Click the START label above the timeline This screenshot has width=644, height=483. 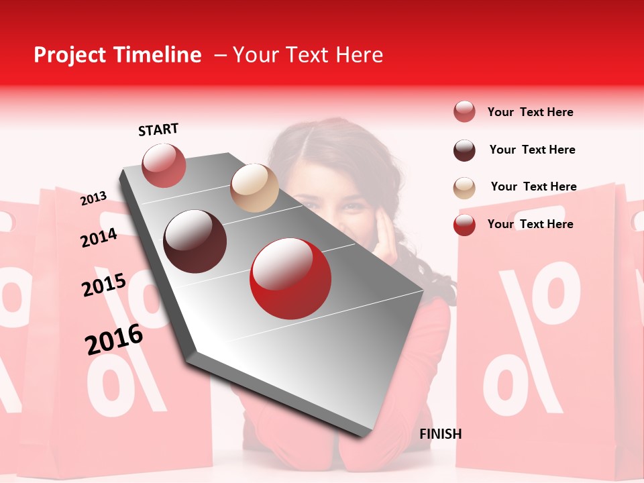[158, 129]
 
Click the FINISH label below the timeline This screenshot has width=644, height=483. [440, 434]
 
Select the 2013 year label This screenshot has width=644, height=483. [94, 198]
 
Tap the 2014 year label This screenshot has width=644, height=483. [99, 237]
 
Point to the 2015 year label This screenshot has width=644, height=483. [104, 285]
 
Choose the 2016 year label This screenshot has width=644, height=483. [114, 339]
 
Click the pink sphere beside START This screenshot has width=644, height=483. [164, 165]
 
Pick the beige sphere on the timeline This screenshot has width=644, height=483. [254, 188]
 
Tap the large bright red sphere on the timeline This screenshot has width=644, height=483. [290, 279]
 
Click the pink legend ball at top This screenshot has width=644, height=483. [464, 112]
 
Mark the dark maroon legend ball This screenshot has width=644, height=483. [464, 150]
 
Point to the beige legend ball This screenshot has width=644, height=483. [464, 188]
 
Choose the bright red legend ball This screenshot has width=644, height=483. [464, 225]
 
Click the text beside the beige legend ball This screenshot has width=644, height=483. [533, 186]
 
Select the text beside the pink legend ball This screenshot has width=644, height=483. [530, 112]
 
